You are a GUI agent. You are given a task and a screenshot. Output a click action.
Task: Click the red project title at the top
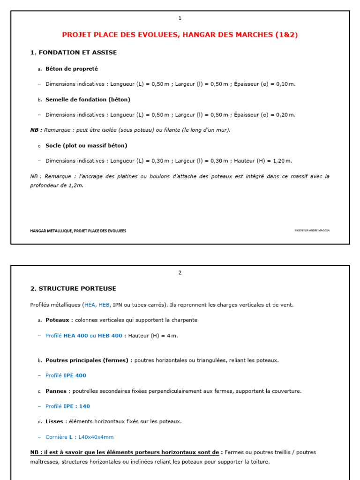tap(180, 35)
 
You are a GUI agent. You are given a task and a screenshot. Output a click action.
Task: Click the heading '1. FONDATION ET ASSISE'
tap(74, 52)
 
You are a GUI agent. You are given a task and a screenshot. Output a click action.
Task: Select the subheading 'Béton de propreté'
tap(72, 68)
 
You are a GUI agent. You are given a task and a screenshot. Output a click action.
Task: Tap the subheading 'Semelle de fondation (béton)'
tap(88, 99)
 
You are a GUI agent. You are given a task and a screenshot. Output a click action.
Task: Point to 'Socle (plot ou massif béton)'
tap(86, 145)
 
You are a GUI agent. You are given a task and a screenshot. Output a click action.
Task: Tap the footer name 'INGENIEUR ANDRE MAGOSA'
tap(312, 231)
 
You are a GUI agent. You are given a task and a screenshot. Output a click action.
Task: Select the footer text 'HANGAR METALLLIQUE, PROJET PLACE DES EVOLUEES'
tap(78, 231)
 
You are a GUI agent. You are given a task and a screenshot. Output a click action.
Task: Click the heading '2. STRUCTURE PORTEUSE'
tap(73, 288)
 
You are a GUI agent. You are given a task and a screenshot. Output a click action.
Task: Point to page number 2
tap(180, 273)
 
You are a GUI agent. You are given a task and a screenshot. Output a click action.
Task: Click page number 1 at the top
tap(180, 18)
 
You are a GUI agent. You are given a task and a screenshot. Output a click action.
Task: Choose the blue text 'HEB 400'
tap(110, 336)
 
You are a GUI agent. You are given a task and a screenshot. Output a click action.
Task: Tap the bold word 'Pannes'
tap(56, 391)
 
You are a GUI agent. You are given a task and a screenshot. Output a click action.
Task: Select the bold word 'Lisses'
tap(54, 421)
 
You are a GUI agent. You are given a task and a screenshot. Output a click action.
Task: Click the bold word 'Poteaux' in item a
tap(57, 320)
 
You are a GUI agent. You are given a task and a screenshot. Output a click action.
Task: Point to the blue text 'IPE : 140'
tap(76, 406)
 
